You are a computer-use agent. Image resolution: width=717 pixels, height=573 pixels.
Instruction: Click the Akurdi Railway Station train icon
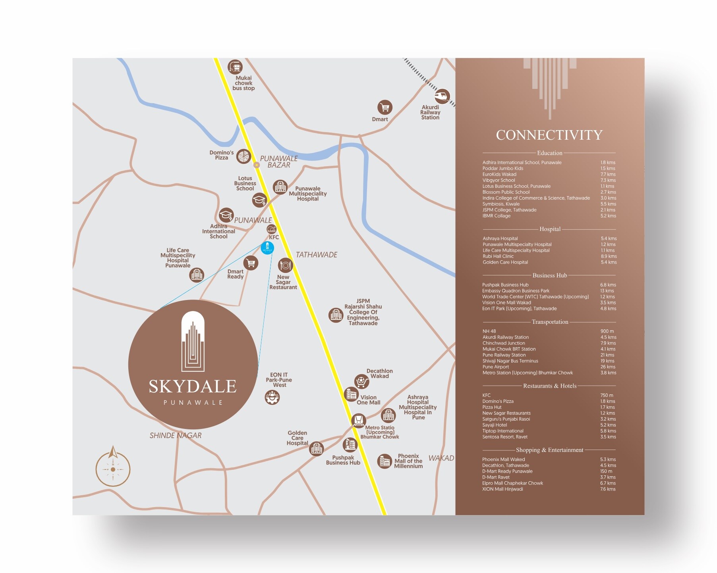coord(442,96)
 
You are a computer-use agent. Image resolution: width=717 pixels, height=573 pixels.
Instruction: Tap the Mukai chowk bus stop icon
coord(235,67)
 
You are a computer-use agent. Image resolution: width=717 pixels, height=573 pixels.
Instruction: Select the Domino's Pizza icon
coord(244,156)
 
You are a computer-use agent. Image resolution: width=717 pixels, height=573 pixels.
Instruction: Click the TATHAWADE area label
coord(316,255)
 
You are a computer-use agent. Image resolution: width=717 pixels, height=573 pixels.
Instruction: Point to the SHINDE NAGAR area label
coord(175,435)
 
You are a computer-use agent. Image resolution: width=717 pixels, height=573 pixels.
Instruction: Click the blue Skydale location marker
coord(267,248)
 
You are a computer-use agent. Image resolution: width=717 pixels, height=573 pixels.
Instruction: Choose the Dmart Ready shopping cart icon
coord(251,263)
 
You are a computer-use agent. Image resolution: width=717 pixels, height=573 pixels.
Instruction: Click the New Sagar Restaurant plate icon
coord(285,265)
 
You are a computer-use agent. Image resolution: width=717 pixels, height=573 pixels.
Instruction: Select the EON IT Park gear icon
coord(272,397)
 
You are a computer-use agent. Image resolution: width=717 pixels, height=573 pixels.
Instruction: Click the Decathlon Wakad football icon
coord(361,381)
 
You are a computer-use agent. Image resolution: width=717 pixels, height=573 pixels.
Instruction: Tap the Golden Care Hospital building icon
coord(317,448)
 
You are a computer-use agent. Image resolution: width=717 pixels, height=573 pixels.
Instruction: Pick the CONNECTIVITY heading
coord(549,135)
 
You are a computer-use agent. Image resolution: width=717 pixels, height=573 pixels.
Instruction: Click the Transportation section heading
coord(550,322)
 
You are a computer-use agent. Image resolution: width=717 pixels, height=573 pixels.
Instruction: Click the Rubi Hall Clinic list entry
coord(498,256)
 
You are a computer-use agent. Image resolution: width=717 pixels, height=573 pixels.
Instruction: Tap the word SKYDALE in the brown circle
coord(193,386)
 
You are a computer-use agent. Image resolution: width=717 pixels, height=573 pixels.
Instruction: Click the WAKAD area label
coord(441,458)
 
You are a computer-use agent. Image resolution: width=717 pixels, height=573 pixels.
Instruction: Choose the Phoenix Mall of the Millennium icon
coord(384,461)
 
